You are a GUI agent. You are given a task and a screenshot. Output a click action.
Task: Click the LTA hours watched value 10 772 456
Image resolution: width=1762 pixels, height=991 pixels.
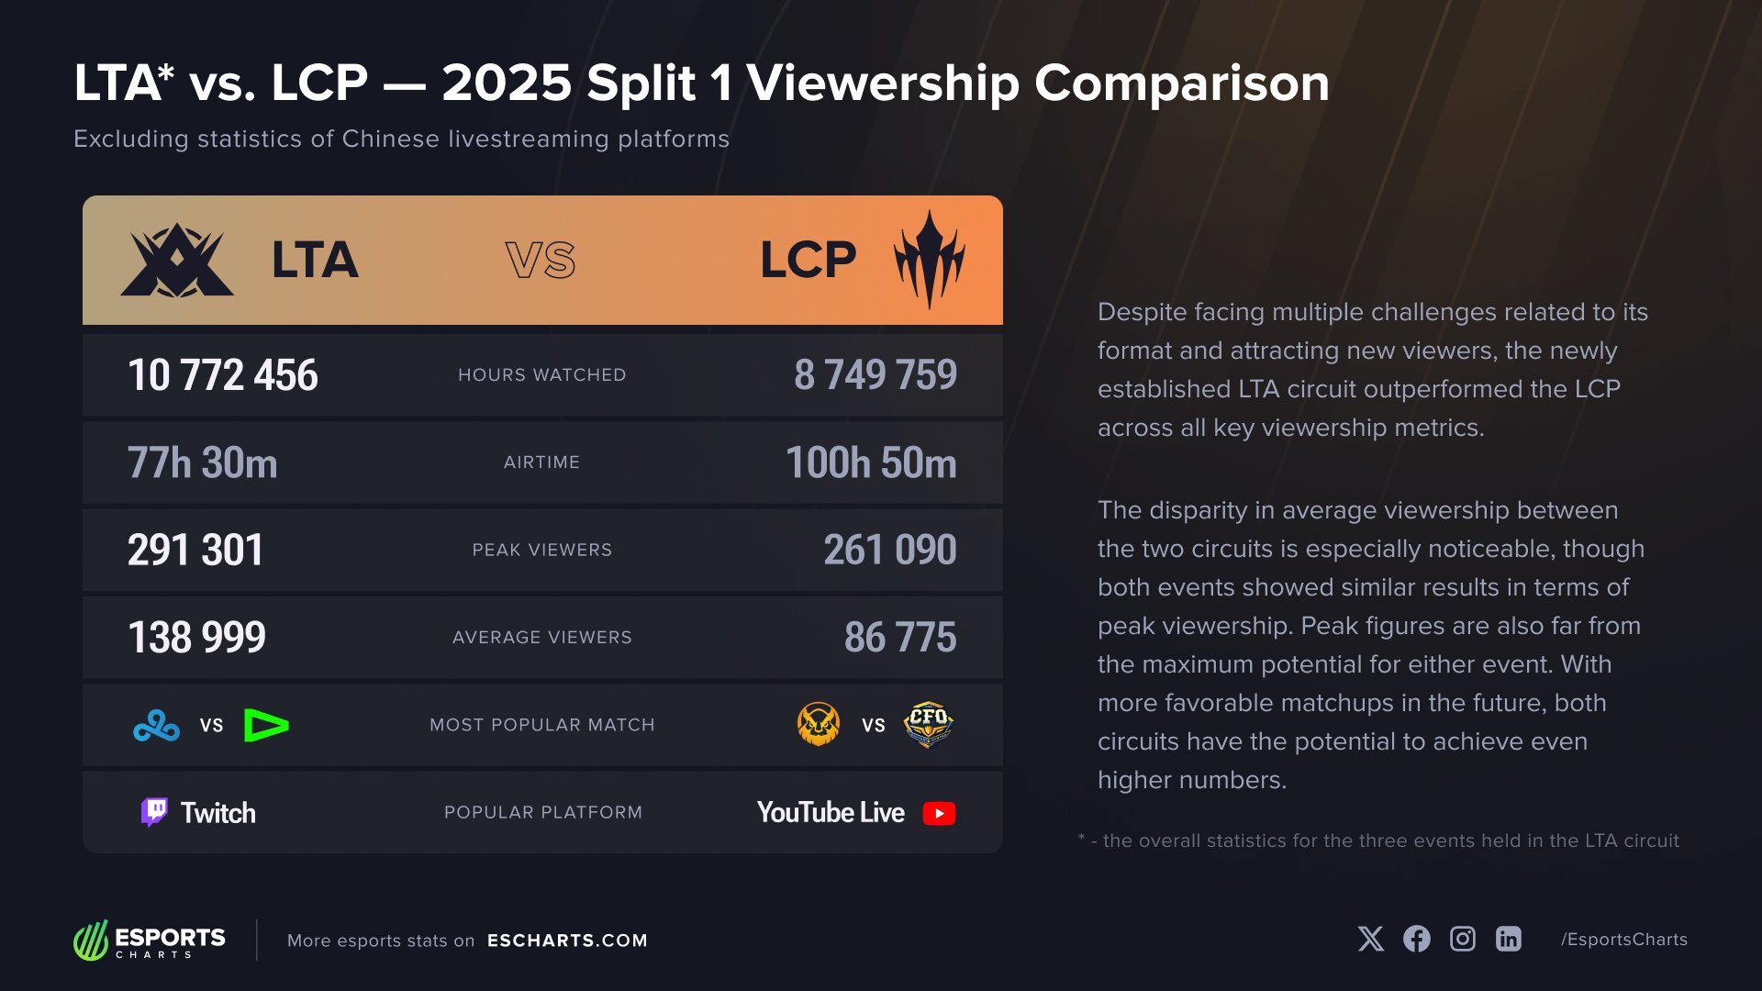[223, 375]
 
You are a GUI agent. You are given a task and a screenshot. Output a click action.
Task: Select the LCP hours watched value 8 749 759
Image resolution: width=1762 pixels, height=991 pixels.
[875, 375]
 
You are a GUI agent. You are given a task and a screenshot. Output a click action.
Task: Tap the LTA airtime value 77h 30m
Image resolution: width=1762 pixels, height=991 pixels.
[202, 462]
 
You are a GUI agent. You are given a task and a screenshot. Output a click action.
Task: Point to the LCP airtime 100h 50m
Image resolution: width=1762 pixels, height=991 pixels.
[871, 462]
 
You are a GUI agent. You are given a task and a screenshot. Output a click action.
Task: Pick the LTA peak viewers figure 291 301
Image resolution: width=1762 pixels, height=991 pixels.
[195, 550]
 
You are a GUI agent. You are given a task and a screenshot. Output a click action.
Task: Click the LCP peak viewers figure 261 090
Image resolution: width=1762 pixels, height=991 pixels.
[890, 550]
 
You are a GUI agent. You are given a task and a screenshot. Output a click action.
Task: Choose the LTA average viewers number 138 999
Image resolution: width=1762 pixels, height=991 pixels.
[197, 637]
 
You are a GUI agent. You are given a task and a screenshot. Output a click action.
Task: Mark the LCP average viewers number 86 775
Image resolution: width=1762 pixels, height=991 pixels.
[900, 637]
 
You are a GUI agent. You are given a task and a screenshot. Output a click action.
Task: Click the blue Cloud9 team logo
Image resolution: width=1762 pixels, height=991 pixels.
[157, 726]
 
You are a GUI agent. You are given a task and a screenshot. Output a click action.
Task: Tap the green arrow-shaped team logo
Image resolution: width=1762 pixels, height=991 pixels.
[266, 726]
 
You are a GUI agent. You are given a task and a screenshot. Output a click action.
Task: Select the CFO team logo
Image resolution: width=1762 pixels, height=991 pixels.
[928, 724]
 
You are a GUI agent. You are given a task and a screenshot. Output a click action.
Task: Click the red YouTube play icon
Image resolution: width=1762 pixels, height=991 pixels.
[939, 813]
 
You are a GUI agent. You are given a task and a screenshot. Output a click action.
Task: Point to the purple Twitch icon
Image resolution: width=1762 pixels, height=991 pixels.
[154, 812]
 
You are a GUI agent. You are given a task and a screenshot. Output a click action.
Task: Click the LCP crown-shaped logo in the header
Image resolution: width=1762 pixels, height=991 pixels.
[930, 260]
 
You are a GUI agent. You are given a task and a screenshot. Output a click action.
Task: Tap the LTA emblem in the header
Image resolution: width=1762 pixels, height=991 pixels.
[177, 261]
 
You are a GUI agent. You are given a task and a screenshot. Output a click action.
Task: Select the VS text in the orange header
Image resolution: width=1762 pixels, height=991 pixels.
[541, 261]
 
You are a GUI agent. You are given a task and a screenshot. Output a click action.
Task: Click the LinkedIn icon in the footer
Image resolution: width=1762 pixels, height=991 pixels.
[1509, 939]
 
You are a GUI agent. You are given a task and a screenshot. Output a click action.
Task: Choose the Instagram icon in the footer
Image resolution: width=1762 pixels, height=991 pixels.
[1463, 939]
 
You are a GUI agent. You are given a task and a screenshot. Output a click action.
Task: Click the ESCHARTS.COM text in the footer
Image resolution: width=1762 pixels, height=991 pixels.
[567, 941]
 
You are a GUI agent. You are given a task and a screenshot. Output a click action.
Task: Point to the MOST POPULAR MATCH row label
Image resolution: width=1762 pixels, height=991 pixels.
[542, 725]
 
